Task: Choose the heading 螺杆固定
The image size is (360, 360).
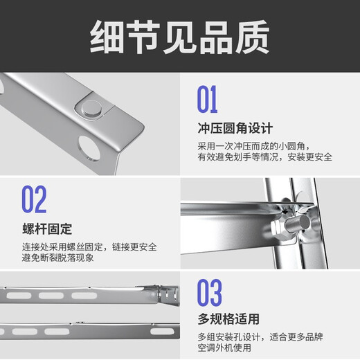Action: pos(46,228)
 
